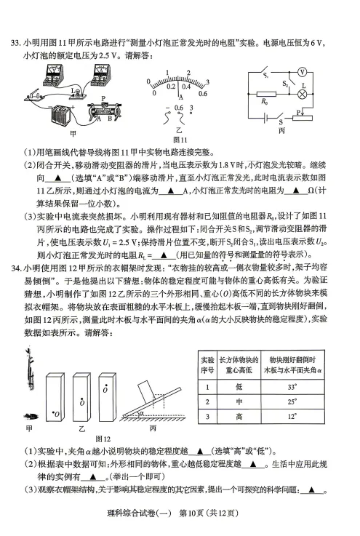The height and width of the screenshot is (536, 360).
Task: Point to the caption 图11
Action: (x=181, y=140)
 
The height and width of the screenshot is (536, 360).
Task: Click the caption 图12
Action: (x=103, y=439)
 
